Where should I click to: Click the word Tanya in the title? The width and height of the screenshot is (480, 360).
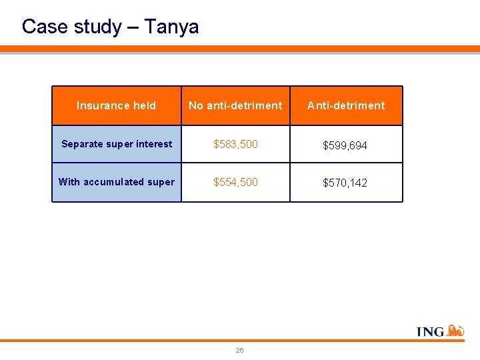(171, 27)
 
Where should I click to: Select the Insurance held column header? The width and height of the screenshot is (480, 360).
(116, 105)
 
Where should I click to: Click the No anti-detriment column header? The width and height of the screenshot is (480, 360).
(235, 105)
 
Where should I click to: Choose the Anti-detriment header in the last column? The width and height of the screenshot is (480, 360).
(346, 105)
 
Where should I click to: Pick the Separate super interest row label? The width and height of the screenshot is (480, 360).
(117, 144)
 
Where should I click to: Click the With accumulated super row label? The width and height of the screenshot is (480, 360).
(117, 182)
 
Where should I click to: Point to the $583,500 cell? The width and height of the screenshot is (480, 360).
(235, 144)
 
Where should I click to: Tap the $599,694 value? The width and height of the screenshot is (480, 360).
(345, 145)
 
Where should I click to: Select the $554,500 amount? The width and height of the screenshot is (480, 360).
(235, 182)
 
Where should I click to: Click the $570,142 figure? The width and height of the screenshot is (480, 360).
(345, 183)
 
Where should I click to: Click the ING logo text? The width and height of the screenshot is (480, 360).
(430, 331)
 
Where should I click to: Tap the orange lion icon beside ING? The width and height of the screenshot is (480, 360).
(455, 330)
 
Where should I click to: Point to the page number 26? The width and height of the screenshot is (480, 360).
(239, 350)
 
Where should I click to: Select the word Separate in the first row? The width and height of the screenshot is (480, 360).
(82, 144)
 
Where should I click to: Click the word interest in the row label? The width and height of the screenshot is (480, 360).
(155, 144)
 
